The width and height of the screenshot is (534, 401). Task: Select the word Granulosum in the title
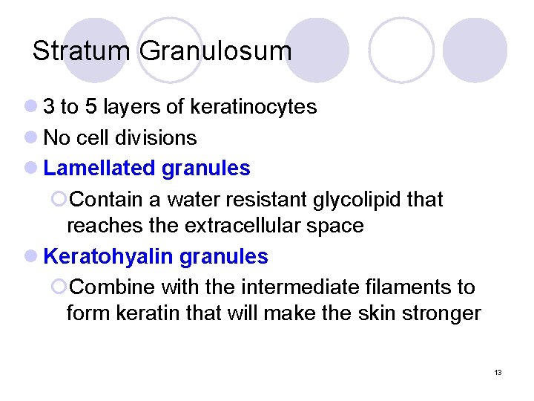[215, 51]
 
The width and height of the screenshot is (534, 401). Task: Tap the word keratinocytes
[254, 108]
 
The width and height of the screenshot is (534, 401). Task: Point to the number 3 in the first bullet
[49, 108]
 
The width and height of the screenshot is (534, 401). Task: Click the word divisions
[160, 138]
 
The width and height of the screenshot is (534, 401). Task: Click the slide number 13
[498, 371]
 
